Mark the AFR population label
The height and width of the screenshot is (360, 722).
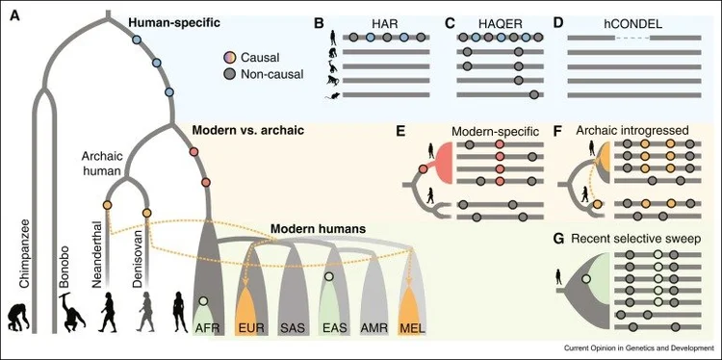tap(209, 327)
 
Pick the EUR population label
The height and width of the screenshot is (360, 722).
tap(250, 327)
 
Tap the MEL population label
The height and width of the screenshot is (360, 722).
tap(412, 327)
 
